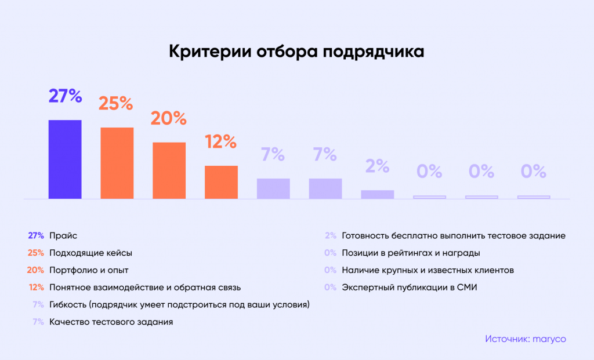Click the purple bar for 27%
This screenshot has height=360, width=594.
click(x=65, y=159)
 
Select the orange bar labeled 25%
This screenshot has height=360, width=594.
click(x=117, y=163)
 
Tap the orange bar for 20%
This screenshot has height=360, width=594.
click(x=169, y=170)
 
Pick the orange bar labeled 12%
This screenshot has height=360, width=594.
click(x=221, y=182)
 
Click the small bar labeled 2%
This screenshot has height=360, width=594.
click(x=378, y=195)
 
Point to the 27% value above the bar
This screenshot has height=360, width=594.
click(x=65, y=96)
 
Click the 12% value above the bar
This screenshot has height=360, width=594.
click(x=220, y=141)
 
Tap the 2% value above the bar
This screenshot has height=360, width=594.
click(x=377, y=166)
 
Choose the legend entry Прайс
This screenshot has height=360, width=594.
click(x=63, y=236)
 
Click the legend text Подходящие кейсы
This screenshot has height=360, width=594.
click(x=91, y=253)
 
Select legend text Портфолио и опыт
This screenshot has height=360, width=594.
click(x=89, y=270)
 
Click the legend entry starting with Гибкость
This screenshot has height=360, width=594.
click(x=179, y=304)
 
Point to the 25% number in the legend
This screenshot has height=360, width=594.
click(x=36, y=253)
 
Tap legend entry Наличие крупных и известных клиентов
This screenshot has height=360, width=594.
click(x=428, y=270)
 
